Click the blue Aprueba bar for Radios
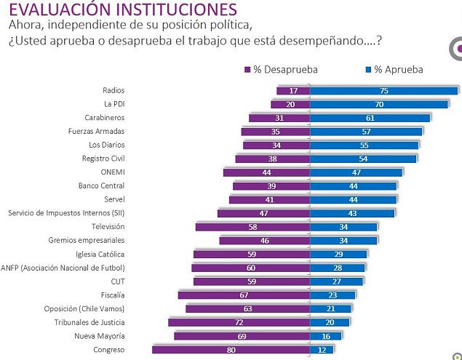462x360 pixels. [383, 90]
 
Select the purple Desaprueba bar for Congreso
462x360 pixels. [231, 350]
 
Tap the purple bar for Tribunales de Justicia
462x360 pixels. [239, 322]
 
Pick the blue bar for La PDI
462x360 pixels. [379, 104]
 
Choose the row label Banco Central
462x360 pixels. [101, 185]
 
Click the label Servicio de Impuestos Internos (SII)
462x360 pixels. [66, 213]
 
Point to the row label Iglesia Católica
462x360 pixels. [100, 254]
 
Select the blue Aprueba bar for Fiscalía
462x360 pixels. [332, 295]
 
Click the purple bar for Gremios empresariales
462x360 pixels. [264, 240]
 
